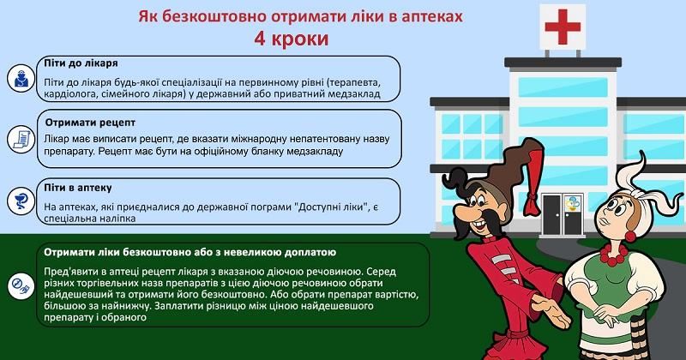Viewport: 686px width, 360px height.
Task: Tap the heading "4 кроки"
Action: [291, 39]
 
